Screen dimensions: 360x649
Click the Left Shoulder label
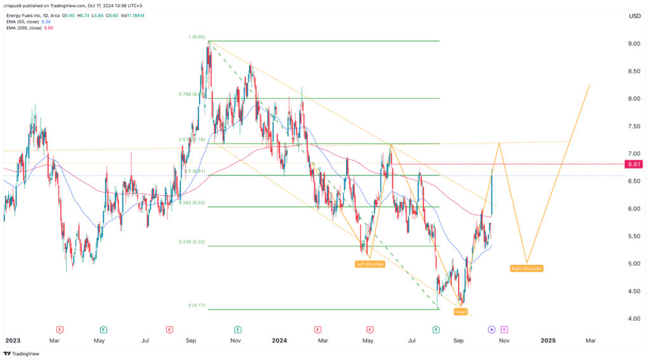click(370, 264)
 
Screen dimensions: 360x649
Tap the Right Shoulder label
click(526, 269)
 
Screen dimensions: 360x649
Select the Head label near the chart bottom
click(461, 312)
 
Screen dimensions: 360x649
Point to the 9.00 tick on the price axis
click(633, 44)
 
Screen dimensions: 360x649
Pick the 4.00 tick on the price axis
click(633, 318)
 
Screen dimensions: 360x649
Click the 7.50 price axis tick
click(633, 126)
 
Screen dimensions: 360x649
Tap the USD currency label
click(634, 16)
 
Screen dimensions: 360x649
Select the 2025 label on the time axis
click(548, 340)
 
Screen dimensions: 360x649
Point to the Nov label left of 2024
click(236, 340)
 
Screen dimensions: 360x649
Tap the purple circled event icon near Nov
click(491, 330)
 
